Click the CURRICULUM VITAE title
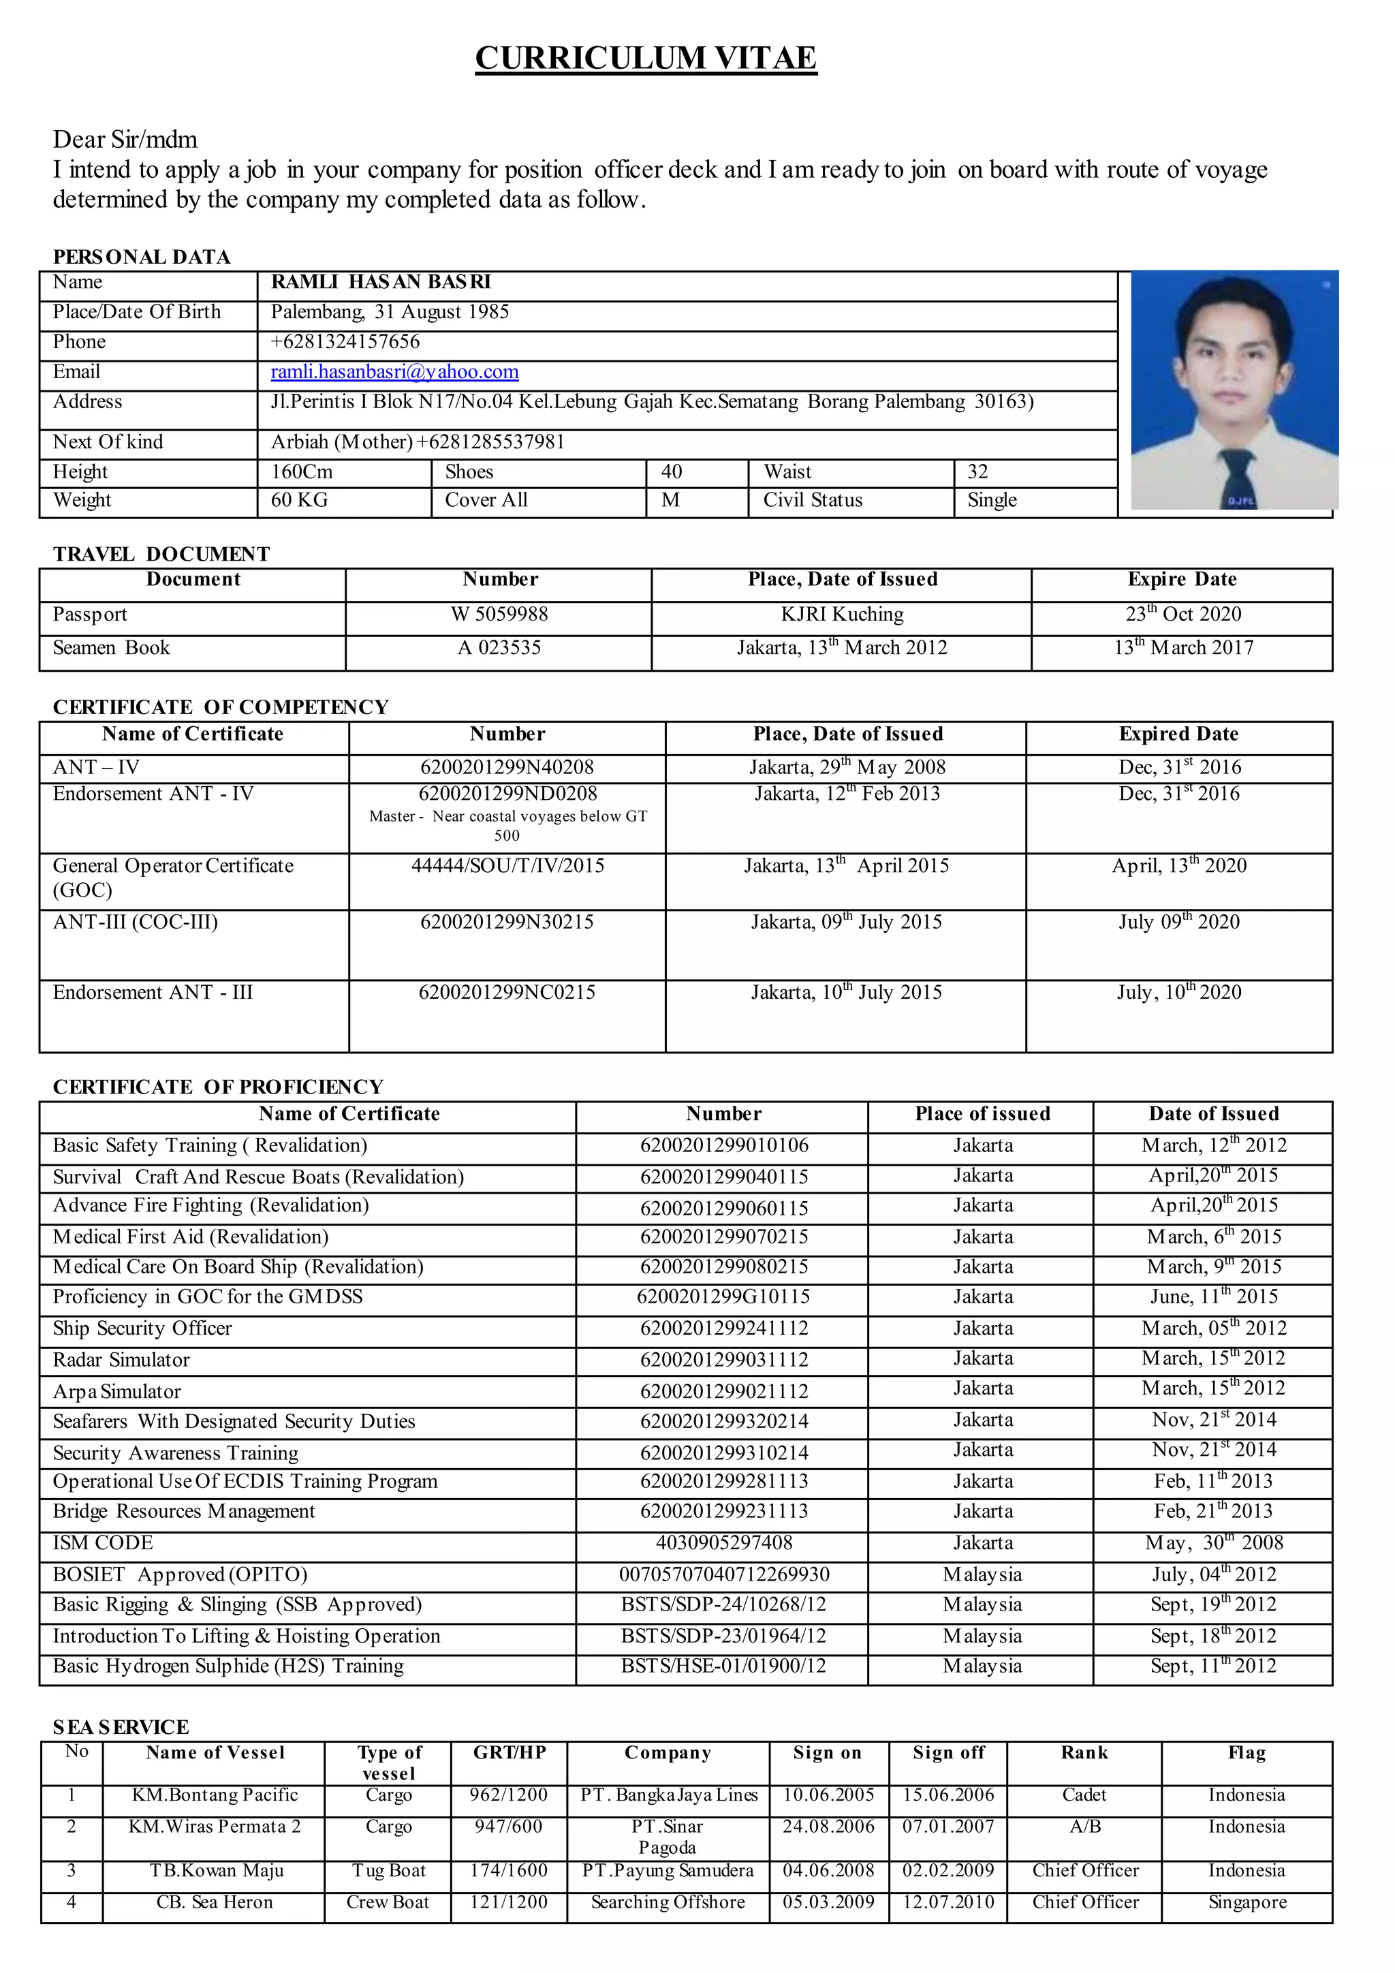pos(645,58)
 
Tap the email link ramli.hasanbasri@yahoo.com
pos(394,371)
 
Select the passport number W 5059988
pos(499,615)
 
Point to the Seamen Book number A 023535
pos(499,648)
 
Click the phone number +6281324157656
pos(345,341)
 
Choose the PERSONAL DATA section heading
pos(142,257)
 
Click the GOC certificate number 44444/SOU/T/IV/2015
pos(507,865)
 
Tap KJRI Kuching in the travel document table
pos(842,615)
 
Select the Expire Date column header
pos(1182,579)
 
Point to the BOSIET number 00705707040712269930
pos(724,1574)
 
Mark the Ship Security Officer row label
pos(142,1329)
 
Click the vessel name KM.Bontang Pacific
pos(215,1795)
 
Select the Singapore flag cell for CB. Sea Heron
pos(1247,1901)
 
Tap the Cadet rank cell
pos(1084,1795)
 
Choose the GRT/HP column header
pos(510,1753)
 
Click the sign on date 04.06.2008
pos(828,1870)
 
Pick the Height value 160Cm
pos(302,471)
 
